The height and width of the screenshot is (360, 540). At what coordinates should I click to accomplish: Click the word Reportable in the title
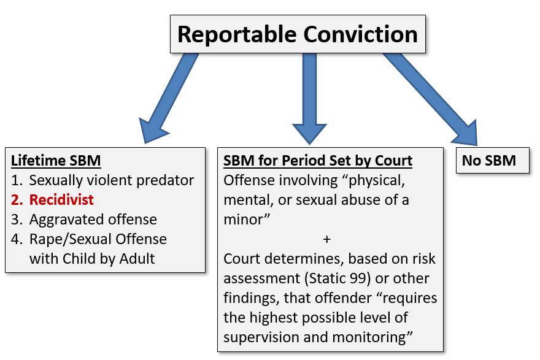click(237, 35)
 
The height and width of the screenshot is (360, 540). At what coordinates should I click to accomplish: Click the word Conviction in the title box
click(360, 34)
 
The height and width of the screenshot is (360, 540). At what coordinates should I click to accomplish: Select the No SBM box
click(493, 161)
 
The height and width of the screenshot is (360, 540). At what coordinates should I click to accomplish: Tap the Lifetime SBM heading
click(56, 161)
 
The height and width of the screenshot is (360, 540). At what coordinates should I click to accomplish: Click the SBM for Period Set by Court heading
click(318, 161)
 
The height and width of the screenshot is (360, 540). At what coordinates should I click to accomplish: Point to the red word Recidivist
click(61, 199)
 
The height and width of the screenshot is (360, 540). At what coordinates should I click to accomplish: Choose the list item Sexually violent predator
click(112, 180)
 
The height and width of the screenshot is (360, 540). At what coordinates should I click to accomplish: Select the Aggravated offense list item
click(93, 219)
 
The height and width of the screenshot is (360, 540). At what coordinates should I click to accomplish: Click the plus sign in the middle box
click(327, 239)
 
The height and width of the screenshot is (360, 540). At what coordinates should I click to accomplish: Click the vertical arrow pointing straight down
click(309, 99)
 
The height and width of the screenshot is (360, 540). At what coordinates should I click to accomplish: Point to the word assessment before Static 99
click(262, 278)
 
